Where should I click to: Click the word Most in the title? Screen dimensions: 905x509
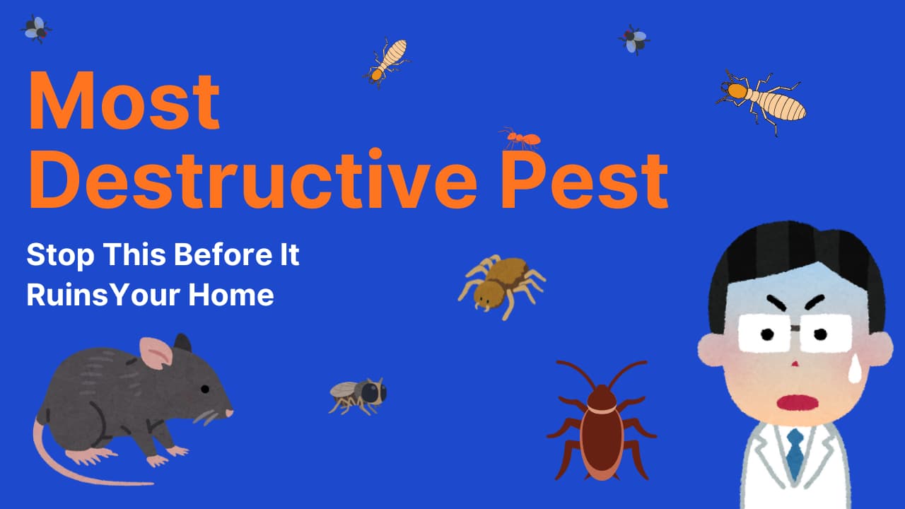pyautogui.click(x=124, y=100)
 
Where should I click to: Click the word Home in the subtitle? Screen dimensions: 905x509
pyautogui.click(x=231, y=295)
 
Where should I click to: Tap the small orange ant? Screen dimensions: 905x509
pyautogui.click(x=520, y=139)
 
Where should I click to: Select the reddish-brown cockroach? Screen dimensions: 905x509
pyautogui.click(x=602, y=420)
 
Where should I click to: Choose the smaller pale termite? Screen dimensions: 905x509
pyautogui.click(x=387, y=63)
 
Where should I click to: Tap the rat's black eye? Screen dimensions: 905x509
pyautogui.click(x=205, y=389)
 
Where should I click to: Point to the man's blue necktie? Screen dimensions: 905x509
pyautogui.click(x=795, y=454)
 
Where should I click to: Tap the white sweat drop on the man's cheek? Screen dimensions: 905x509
pyautogui.click(x=855, y=372)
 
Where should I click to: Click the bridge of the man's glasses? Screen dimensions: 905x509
pyautogui.click(x=795, y=328)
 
